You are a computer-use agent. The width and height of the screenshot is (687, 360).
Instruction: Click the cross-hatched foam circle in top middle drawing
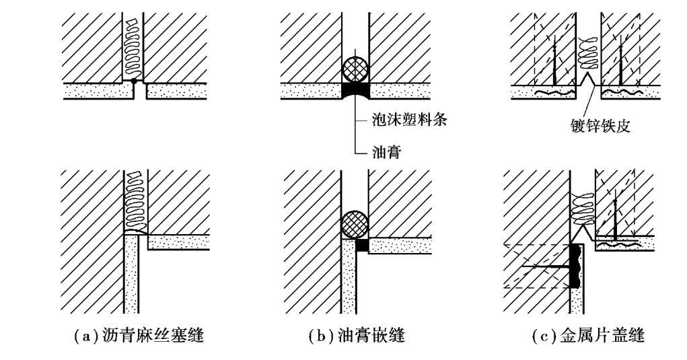[355, 69]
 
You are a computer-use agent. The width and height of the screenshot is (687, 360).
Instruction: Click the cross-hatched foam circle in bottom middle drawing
[355, 224]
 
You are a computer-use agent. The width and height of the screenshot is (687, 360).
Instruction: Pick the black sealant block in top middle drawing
[355, 89]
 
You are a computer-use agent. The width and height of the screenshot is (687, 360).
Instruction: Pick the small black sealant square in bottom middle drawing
[362, 246]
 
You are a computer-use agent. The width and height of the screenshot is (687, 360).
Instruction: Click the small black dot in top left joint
[135, 81]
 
